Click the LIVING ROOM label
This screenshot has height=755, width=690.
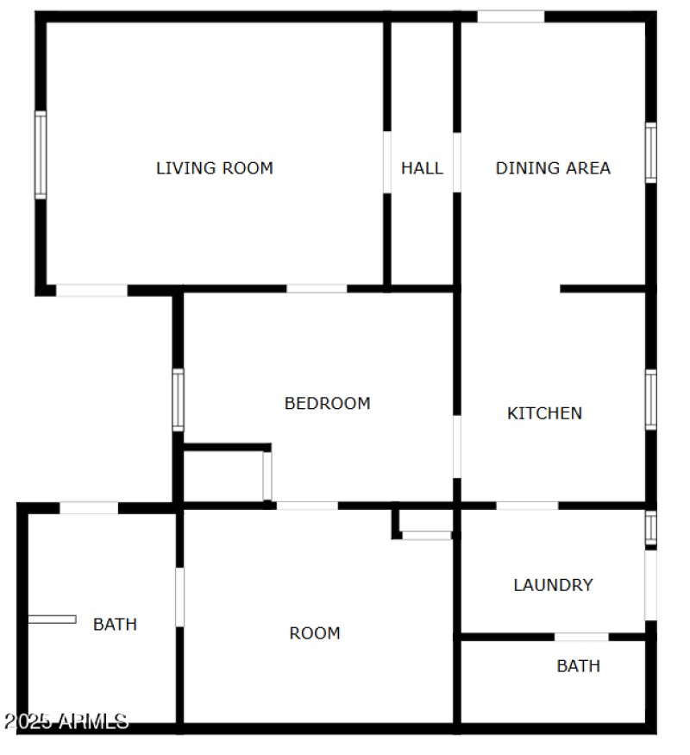coord(214,168)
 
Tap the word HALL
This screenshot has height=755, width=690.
coord(422,168)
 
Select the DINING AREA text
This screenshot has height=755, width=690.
coord(553,168)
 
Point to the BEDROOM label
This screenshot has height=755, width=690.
coord(328,403)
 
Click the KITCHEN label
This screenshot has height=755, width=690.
coord(544,413)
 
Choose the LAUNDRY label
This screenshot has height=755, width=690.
coord(553,585)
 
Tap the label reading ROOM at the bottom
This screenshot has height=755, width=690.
coord(315,633)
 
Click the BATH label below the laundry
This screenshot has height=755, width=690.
coord(578,666)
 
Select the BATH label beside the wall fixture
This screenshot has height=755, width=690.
coord(115,624)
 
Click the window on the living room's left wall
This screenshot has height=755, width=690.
coord(41,155)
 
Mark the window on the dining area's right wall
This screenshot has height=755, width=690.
coord(651,153)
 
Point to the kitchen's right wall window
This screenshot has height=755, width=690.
coord(651,399)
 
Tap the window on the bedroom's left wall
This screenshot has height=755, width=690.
coord(178,399)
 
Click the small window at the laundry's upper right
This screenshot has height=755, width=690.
coord(651,528)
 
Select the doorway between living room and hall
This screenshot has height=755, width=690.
coord(387,162)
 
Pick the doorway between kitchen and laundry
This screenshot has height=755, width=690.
coord(527,505)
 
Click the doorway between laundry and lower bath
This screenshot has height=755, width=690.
coord(581,637)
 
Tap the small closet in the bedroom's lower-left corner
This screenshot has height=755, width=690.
coord(224,475)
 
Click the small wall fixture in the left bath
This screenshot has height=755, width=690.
coord(52,619)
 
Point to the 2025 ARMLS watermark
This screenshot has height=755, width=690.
coord(66,721)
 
